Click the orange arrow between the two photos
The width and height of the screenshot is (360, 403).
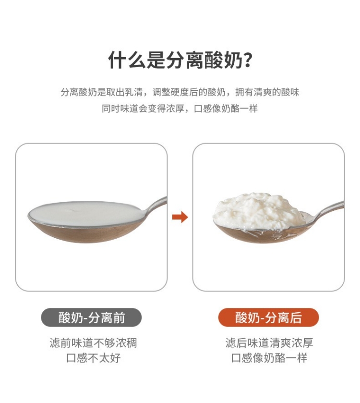[180, 217]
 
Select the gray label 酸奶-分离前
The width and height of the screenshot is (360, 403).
[91, 318]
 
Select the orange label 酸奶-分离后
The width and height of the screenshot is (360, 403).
[268, 318]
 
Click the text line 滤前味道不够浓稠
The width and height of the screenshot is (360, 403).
[93, 343]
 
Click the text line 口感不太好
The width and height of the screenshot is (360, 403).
[93, 358]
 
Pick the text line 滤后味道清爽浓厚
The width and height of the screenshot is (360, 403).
[269, 343]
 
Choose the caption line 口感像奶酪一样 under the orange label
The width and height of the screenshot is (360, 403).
[269, 358]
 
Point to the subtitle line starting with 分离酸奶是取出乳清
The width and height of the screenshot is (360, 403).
[180, 92]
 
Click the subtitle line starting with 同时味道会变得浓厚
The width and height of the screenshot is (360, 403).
[180, 109]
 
